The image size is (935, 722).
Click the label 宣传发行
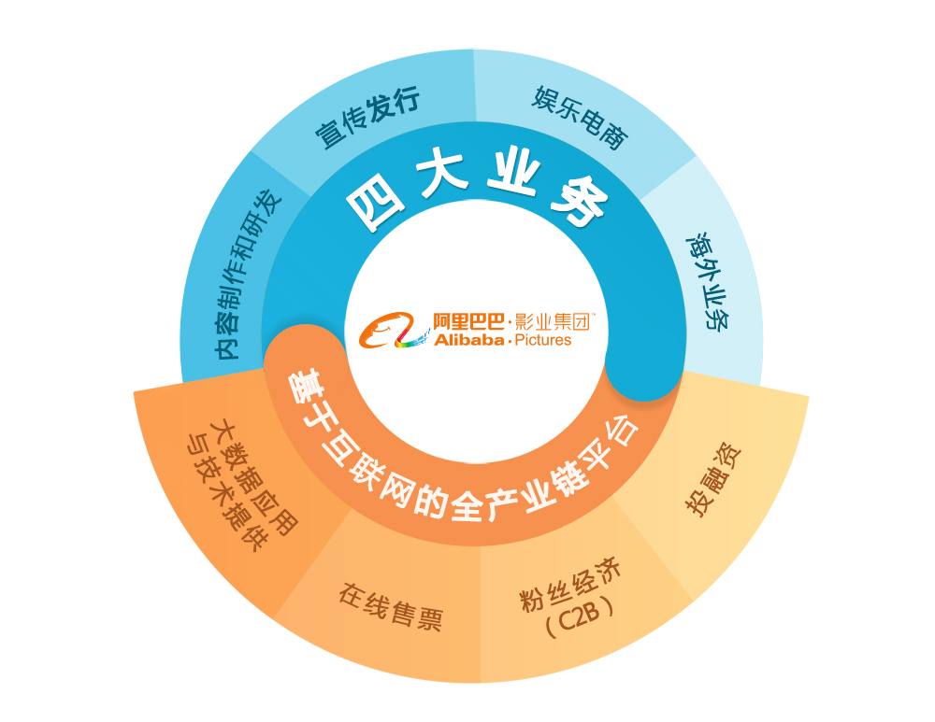point(367,119)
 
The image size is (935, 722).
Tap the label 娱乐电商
point(581,119)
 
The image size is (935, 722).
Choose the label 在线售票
point(391,608)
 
